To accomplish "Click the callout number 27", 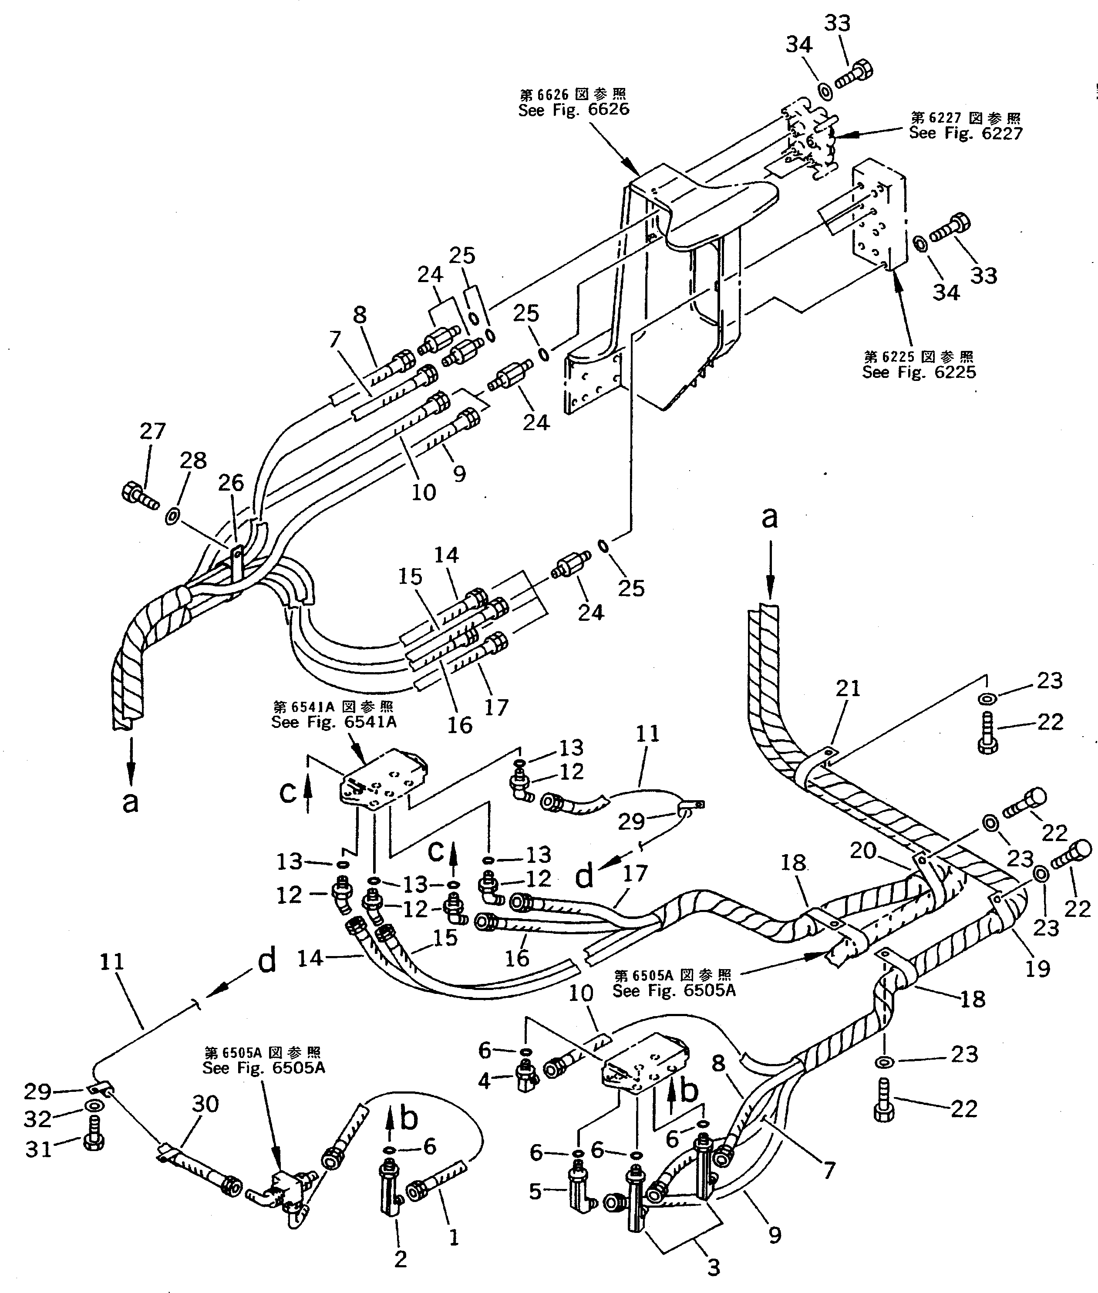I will [152, 431].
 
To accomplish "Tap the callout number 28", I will [193, 460].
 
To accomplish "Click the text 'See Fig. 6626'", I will [574, 110].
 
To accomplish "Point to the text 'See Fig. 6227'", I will [965, 133].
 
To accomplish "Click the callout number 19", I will [1037, 968].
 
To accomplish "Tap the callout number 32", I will [37, 1119].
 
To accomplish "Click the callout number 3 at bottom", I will [714, 1267].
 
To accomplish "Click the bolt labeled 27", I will [138, 496].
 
